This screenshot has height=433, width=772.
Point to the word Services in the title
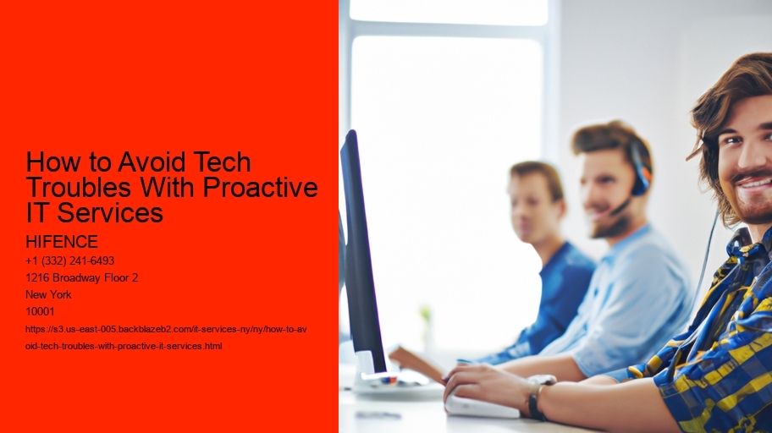coord(110,212)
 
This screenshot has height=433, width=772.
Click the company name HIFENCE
coord(62,242)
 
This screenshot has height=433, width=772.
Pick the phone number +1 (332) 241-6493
coord(70,260)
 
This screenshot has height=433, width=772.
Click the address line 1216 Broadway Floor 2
coord(82,277)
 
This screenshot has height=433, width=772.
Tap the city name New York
coord(48,295)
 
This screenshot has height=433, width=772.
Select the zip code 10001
coord(40,311)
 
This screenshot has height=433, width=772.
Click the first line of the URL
coord(166,329)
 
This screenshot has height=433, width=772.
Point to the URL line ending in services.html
coord(124,346)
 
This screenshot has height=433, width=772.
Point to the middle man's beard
coord(609,224)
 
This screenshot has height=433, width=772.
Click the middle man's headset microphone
coord(620,206)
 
